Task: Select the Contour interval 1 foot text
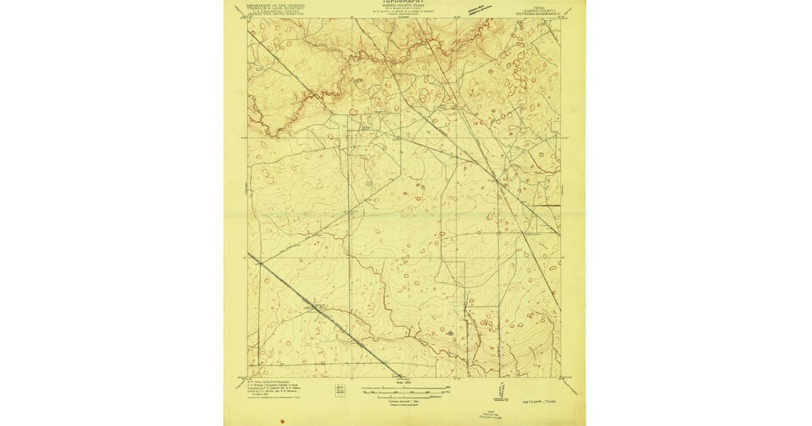point(405,400)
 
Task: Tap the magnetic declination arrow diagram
point(501,391)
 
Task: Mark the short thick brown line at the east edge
point(549,205)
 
